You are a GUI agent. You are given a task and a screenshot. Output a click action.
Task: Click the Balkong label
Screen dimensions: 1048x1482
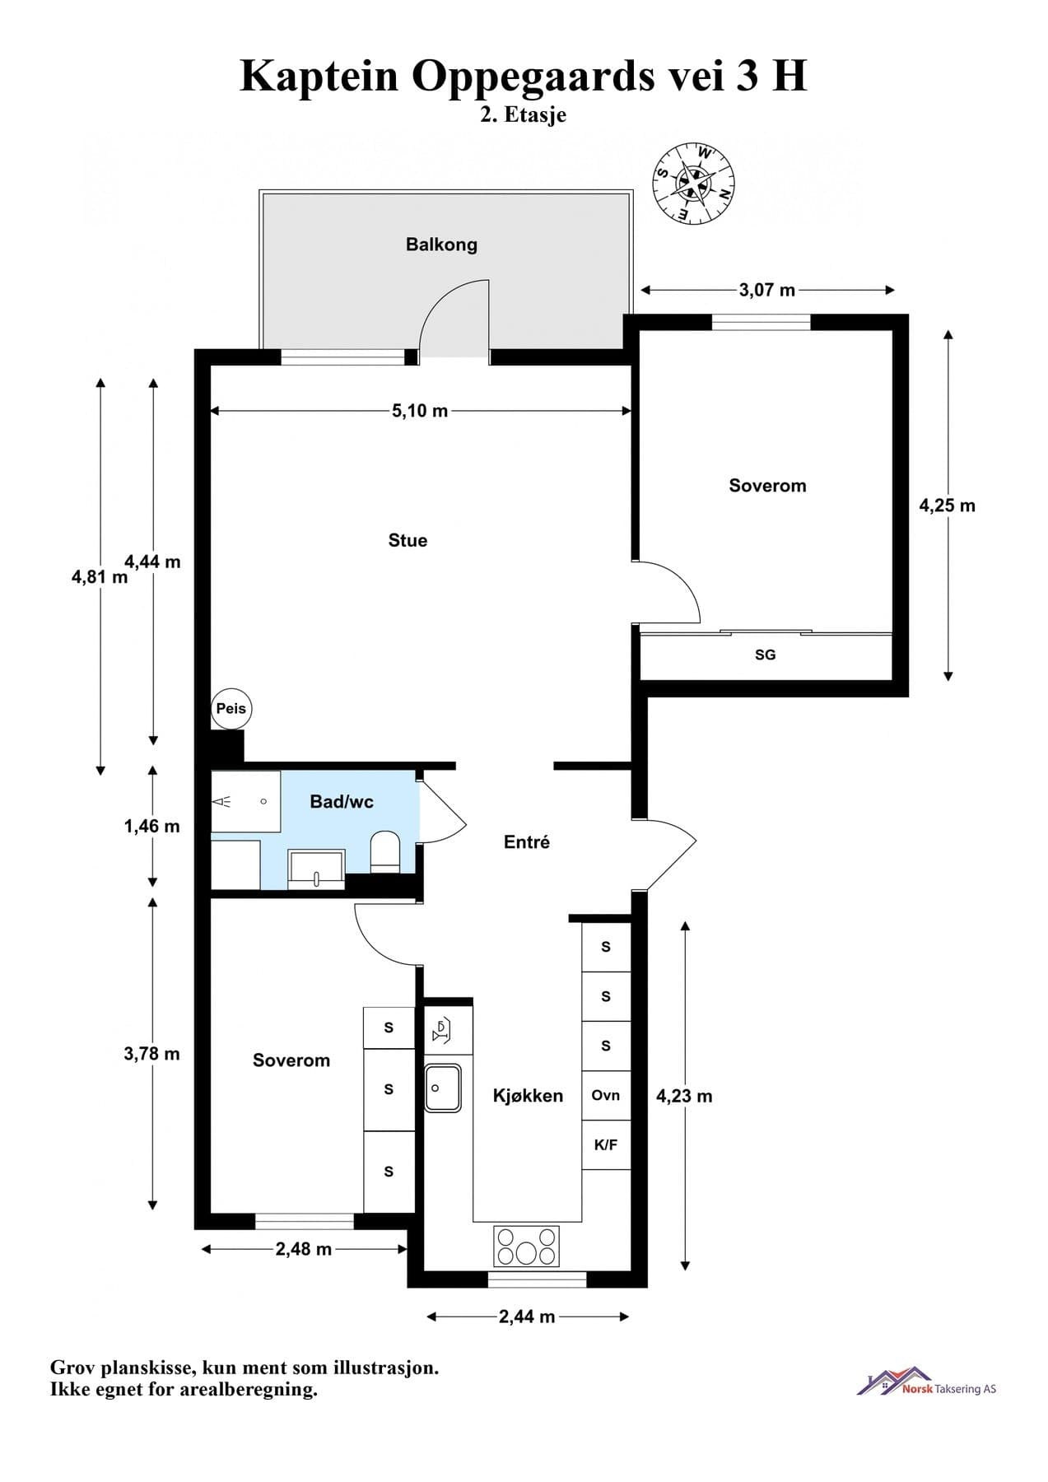[x=441, y=245]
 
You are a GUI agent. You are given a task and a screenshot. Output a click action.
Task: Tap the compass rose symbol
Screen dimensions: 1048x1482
[x=694, y=183]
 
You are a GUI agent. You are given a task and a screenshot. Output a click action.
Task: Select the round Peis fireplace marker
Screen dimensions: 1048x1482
[x=231, y=708]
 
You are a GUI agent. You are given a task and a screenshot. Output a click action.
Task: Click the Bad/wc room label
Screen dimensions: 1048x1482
[x=342, y=802]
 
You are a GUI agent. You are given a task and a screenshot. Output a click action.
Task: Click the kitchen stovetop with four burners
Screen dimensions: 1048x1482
[x=526, y=1246]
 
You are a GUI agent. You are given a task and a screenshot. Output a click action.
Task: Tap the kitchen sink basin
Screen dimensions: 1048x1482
[x=443, y=1088]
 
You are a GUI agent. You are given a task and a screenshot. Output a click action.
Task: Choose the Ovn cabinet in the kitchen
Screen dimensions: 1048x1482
[x=606, y=1095]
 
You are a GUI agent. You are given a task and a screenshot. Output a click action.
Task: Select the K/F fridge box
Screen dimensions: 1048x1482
[x=606, y=1144]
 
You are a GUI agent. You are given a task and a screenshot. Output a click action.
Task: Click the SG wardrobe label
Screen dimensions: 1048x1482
[x=765, y=655]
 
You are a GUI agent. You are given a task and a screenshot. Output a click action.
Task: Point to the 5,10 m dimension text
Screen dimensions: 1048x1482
[x=420, y=411]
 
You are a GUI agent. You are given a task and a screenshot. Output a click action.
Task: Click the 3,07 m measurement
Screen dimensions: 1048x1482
[x=767, y=290]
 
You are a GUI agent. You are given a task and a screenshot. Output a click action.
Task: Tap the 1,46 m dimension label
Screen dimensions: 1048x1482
[x=152, y=827]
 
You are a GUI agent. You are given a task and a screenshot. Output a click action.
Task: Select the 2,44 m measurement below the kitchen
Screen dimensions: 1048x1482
[x=527, y=1317]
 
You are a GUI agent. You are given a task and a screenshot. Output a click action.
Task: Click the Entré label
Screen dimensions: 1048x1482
[x=527, y=842]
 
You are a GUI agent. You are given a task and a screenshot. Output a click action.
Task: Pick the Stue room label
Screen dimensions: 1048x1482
[x=408, y=541]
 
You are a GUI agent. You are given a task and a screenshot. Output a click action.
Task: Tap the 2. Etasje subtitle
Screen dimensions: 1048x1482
[x=524, y=114]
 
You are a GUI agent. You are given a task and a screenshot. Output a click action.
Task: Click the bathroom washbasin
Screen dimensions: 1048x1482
[x=317, y=869]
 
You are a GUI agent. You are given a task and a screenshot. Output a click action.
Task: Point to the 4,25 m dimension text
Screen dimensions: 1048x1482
[x=948, y=506]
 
